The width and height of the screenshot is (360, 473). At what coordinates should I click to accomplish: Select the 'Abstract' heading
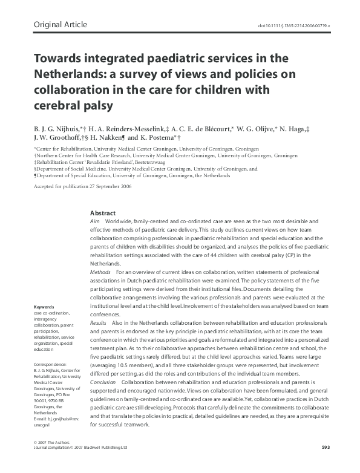coord(102,214)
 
